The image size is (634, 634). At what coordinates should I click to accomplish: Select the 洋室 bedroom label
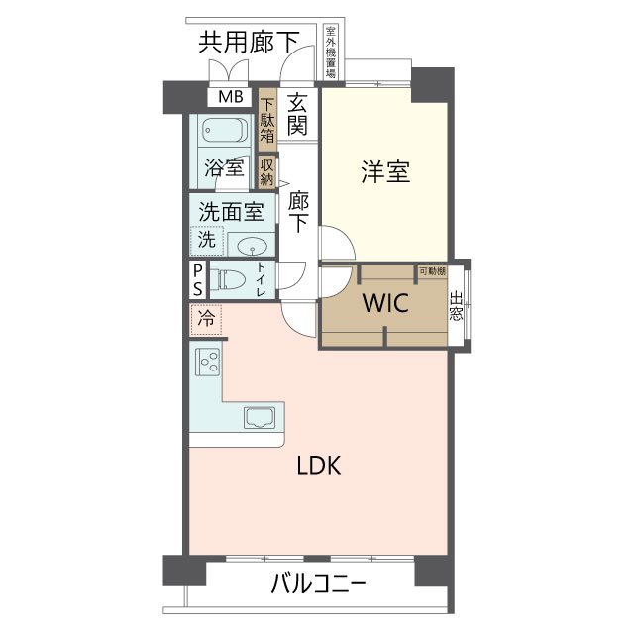385,171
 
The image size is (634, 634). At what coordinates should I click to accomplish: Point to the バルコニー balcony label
319,584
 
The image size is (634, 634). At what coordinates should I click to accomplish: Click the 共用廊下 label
249,42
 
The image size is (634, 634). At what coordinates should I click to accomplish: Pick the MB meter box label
230,97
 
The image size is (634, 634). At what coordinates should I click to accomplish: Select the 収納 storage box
266,171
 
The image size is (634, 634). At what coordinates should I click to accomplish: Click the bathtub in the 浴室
224,132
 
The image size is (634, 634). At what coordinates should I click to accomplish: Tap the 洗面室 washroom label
231,211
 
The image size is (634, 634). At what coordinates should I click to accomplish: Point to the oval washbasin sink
256,247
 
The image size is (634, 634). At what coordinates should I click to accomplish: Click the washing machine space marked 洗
207,240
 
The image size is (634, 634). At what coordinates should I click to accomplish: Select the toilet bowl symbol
231,279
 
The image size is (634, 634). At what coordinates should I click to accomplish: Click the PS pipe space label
198,278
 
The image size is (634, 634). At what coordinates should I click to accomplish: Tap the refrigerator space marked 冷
206,319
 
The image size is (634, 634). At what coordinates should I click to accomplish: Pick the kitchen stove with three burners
208,362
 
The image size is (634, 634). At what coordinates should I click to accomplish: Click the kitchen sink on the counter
259,417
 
